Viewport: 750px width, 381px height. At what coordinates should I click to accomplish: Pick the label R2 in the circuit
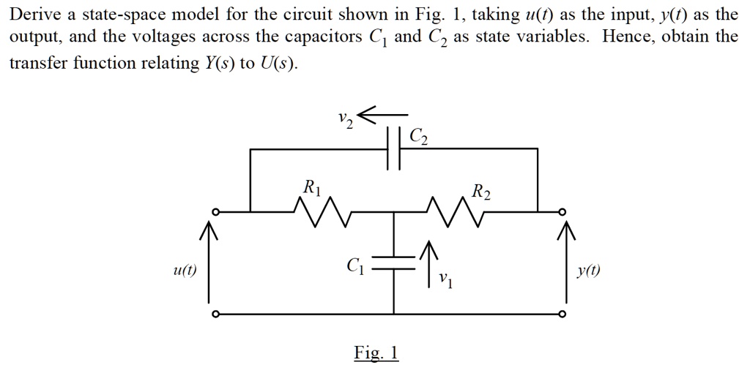(x=481, y=192)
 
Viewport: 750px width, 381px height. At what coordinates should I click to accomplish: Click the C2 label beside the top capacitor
(x=420, y=136)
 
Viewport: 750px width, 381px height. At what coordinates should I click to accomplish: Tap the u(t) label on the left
(x=184, y=270)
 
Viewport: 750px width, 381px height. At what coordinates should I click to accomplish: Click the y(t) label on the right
(x=588, y=270)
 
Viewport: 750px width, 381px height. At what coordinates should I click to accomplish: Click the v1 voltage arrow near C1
(x=431, y=259)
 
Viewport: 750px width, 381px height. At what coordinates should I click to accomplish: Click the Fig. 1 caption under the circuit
(x=376, y=353)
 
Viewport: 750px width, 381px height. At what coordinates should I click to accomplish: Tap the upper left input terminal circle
(x=215, y=212)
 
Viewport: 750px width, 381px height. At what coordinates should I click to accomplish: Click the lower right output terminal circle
(x=562, y=314)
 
